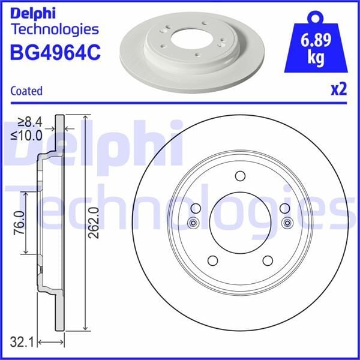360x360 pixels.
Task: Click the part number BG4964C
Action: click(55, 53)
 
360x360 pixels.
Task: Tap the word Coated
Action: click(26, 91)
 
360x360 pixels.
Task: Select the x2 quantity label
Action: click(339, 90)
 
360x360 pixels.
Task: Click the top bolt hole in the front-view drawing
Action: click(240, 176)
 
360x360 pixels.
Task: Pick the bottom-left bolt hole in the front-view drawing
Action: click(212, 260)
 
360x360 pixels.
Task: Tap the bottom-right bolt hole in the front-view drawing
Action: click(268, 260)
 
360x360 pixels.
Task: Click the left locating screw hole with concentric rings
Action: click(194, 224)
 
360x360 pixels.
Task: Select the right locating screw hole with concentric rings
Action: click(286, 224)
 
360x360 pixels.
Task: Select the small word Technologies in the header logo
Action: click(55, 29)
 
